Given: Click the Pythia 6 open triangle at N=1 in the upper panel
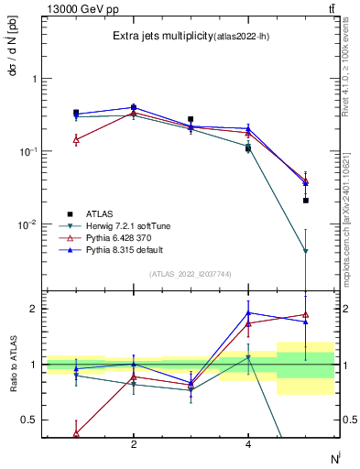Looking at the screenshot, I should click(x=76, y=139).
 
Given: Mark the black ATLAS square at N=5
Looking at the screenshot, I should click(x=306, y=200).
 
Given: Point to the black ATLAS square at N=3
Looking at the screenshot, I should click(x=191, y=119).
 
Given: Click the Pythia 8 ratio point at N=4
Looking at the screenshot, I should click(x=248, y=312).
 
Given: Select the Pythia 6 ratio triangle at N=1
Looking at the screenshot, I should click(x=76, y=432).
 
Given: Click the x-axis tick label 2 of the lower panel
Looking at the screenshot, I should click(x=134, y=444).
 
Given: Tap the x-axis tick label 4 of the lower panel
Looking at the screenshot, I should click(x=248, y=444).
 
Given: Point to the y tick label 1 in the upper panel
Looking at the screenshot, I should click(x=35, y=79).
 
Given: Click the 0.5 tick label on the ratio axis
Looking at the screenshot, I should click(x=30, y=420).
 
